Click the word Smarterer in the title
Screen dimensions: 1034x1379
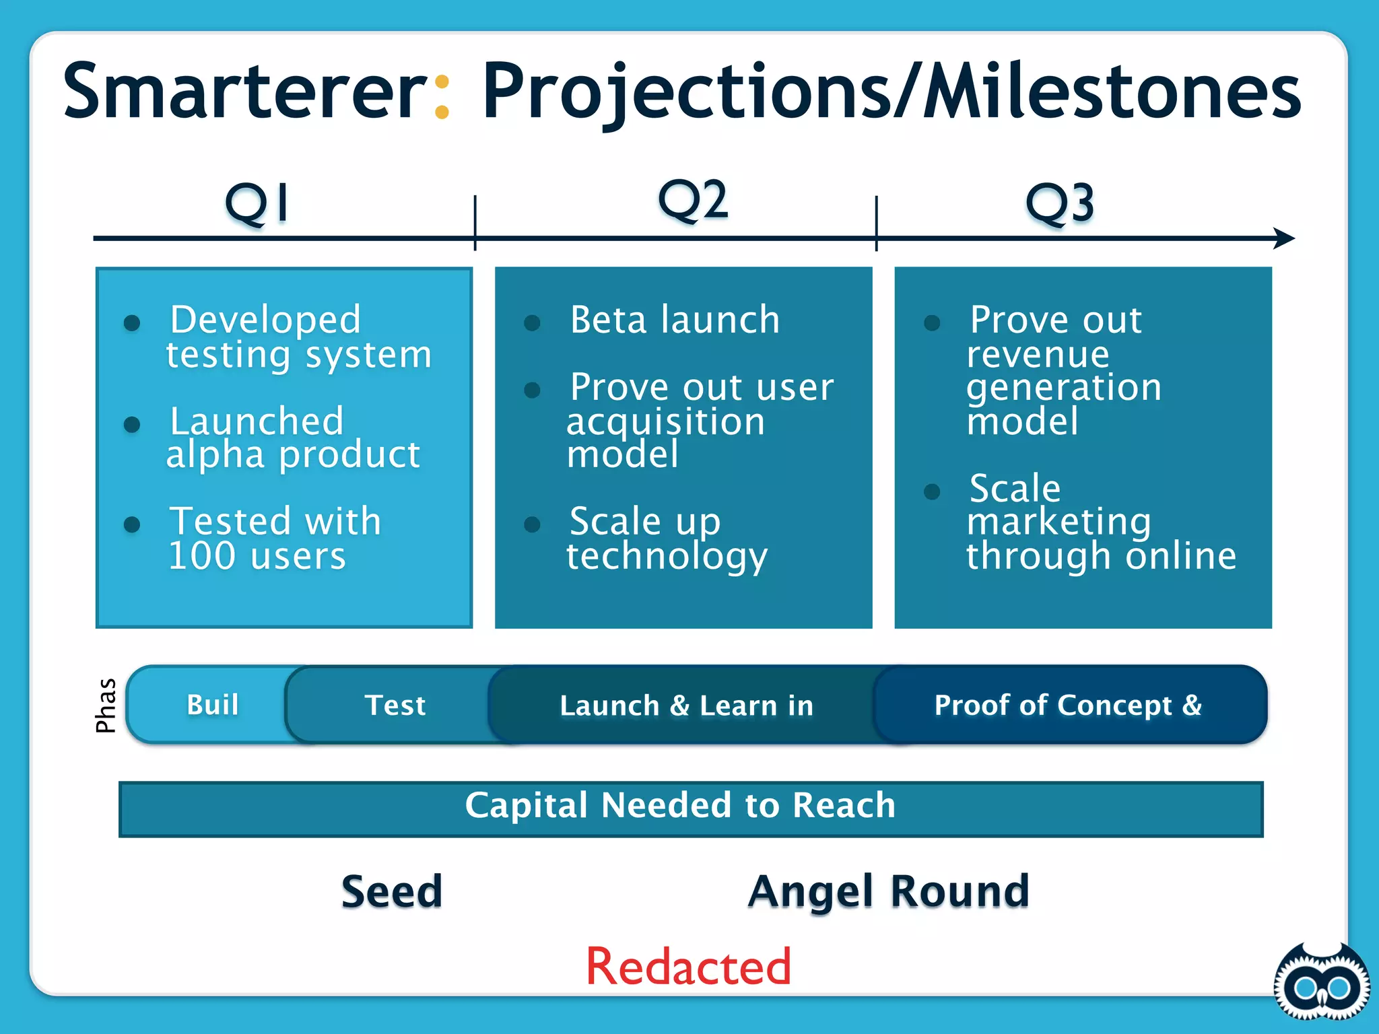[x=244, y=91]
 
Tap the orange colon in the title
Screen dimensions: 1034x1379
[x=442, y=96]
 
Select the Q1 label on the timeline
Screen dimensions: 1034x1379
[x=257, y=203]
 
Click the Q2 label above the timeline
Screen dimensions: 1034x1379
[x=692, y=199]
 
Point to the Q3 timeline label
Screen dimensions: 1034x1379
[x=1059, y=203]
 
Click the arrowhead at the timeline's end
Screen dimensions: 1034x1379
[x=1285, y=238]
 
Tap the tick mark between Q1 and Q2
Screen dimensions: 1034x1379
[x=475, y=223]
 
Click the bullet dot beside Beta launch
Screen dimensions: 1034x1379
[x=532, y=323]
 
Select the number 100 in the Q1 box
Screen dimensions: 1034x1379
[x=201, y=556]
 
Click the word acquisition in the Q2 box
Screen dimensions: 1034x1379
[x=665, y=423]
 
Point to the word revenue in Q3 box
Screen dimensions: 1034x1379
[x=1038, y=355]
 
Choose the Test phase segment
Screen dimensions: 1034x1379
[x=395, y=705]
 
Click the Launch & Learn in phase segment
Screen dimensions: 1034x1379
[x=686, y=705]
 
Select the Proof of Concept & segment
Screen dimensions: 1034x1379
[x=1068, y=705]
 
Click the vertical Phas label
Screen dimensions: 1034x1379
[x=106, y=705]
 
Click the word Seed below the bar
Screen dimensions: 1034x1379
[x=391, y=891]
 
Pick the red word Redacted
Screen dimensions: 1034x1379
[x=688, y=966]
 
